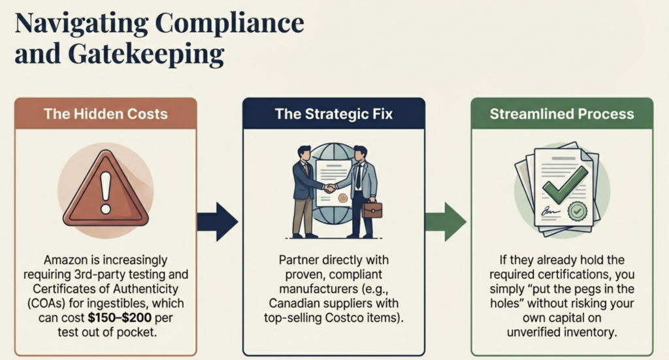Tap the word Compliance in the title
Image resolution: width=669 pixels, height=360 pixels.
[x=229, y=23]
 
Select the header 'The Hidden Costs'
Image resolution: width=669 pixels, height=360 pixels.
[x=106, y=114]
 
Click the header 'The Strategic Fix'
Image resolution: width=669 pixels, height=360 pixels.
[x=334, y=114]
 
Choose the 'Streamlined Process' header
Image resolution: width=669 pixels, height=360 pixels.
[x=562, y=114]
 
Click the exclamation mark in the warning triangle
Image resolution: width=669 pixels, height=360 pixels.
[x=105, y=184]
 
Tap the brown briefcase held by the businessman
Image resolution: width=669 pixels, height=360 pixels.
[x=373, y=210]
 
